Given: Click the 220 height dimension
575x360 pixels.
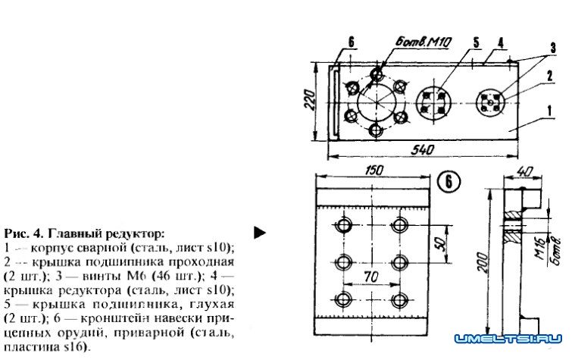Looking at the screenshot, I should point(310,98).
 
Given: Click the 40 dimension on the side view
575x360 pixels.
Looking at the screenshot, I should point(522,171).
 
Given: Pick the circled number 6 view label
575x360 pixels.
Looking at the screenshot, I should point(448,182).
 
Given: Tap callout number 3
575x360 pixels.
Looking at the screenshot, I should point(554,47).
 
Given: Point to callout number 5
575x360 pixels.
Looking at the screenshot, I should point(476,42).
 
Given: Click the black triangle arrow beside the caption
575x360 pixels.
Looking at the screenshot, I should point(260,232).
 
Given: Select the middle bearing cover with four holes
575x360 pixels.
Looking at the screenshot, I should point(434,101).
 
